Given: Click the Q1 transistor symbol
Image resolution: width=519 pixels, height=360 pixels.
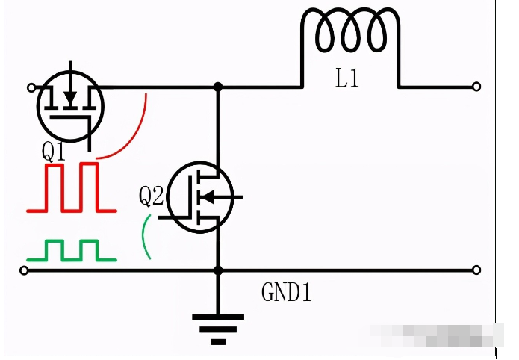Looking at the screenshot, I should tap(70, 105).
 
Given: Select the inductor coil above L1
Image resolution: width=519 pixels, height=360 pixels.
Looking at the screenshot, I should tap(350, 34).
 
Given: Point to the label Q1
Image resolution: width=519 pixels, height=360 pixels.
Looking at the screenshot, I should tap(54, 152).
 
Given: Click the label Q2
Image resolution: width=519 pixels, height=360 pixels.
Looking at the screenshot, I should tap(151, 196).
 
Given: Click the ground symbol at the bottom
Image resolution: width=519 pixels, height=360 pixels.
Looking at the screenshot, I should tap(218, 329).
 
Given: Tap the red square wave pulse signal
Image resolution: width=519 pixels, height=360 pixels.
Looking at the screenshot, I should tap(72, 187).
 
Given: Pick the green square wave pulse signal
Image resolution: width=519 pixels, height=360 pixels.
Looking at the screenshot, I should tap(72, 251).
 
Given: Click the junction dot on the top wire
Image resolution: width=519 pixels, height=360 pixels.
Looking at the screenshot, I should tap(218, 87).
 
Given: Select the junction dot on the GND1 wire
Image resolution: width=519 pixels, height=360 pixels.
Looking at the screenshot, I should tap(218, 270).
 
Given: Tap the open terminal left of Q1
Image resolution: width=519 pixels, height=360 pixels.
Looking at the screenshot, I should tap(31, 87).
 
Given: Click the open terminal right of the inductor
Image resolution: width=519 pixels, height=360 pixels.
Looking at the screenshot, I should tap(476, 87).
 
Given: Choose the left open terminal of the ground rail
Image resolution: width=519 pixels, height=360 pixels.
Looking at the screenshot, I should tap(24, 270).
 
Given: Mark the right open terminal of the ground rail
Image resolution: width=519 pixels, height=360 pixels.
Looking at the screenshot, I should tap(476, 270).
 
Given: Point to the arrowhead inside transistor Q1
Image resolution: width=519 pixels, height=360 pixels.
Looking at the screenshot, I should tap(70, 97).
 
